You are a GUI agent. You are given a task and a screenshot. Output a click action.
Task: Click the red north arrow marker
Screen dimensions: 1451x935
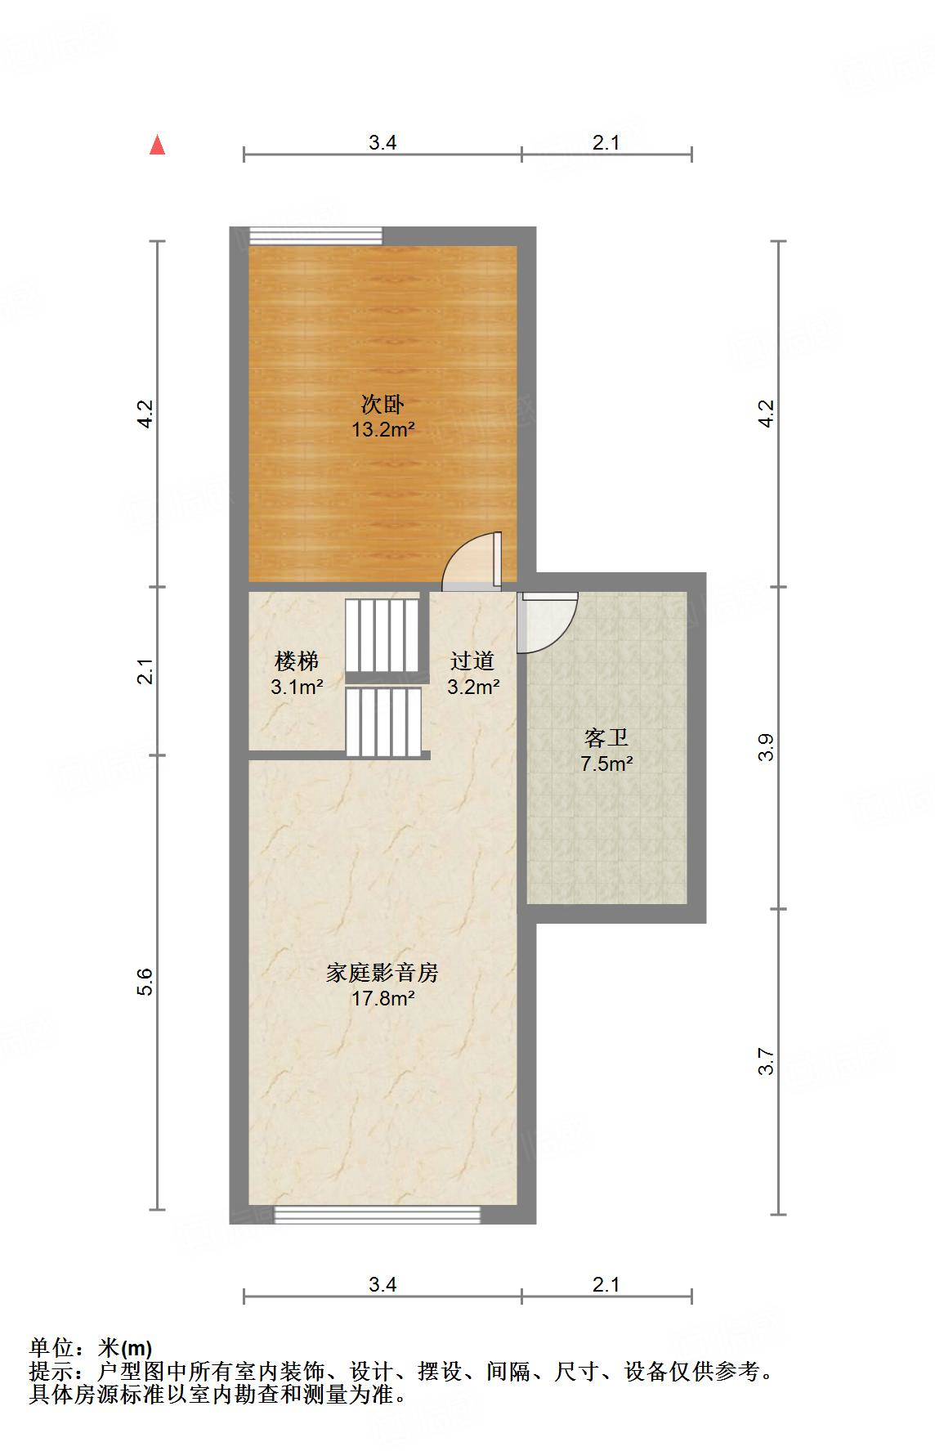pyautogui.click(x=158, y=146)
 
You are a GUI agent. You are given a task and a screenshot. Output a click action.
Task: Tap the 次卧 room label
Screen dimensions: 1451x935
pyautogui.click(x=382, y=404)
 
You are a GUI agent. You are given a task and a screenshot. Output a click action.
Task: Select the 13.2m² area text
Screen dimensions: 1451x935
pyautogui.click(x=382, y=429)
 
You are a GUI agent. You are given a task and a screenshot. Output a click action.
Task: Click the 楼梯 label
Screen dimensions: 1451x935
pyautogui.click(x=297, y=661)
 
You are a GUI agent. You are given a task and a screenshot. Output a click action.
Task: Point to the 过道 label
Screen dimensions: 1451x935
pyautogui.click(x=472, y=661)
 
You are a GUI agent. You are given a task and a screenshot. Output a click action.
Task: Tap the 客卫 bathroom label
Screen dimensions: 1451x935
pyautogui.click(x=606, y=738)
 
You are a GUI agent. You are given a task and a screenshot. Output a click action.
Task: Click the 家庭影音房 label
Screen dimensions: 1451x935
pyautogui.click(x=382, y=973)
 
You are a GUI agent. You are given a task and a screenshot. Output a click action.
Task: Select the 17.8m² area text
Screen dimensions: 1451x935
pyautogui.click(x=382, y=998)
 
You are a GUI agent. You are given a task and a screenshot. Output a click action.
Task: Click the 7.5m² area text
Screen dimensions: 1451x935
pyautogui.click(x=606, y=764)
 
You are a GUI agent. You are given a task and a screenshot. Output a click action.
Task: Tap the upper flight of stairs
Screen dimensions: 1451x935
pyautogui.click(x=382, y=635)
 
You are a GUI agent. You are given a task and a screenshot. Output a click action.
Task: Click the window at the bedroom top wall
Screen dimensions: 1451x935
pyautogui.click(x=315, y=235)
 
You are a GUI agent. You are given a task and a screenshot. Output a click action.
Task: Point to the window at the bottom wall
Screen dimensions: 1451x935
pyautogui.click(x=377, y=1215)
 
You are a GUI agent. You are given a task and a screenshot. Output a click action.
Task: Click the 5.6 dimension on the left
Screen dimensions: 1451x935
pyautogui.click(x=145, y=981)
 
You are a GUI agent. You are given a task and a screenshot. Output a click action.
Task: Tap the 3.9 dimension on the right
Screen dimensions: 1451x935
pyautogui.click(x=766, y=747)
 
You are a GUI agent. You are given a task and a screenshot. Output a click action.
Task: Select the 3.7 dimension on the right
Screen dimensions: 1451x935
pyautogui.click(x=766, y=1061)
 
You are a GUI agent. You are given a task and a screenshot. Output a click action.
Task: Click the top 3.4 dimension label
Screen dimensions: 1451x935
pyautogui.click(x=382, y=142)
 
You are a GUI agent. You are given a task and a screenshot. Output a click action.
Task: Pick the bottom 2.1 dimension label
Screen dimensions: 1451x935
pyautogui.click(x=606, y=1284)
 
